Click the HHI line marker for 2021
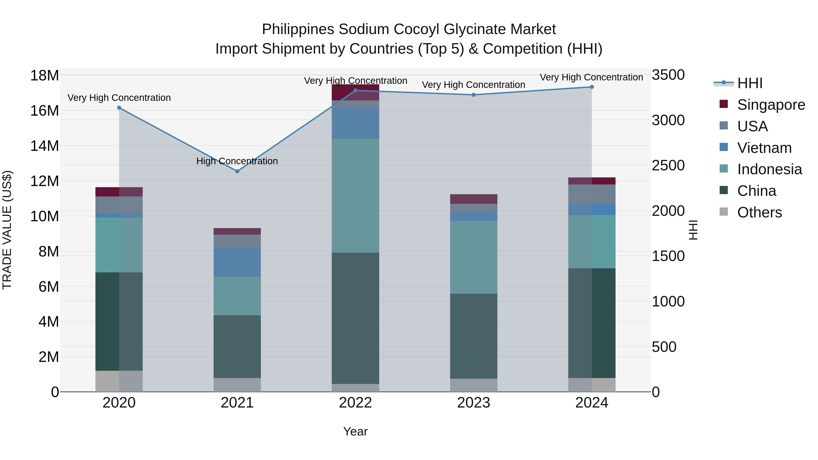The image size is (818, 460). [237, 171]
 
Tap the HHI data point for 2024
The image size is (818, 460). [592, 87]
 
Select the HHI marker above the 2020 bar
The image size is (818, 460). [119, 108]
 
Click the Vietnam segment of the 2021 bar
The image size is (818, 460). [237, 262]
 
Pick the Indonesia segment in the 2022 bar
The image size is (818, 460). [355, 196]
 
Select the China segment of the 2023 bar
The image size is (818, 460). [474, 336]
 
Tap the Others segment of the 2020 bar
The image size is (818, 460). [119, 381]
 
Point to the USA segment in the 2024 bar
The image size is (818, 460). [592, 194]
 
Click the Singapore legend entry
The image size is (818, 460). [771, 105]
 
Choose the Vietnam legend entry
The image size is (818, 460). [764, 148]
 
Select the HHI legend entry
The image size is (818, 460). [749, 83]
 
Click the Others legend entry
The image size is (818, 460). [759, 212]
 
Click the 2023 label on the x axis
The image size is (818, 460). [474, 403]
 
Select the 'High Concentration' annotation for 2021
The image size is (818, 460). [237, 161]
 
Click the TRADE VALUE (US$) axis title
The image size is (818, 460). [7, 230]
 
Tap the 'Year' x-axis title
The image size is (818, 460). [355, 431]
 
